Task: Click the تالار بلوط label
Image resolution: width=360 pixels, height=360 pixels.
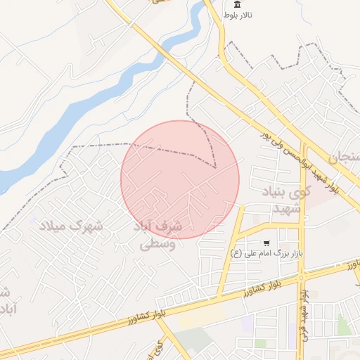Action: [x=240, y=15]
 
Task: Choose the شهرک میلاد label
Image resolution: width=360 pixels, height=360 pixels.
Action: [x=70, y=226]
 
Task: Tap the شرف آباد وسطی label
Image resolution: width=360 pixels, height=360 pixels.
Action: [x=156, y=236]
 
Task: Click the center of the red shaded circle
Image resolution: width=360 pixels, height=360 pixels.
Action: [x=180, y=179]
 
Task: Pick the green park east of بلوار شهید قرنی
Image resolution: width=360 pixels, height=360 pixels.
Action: [x=342, y=324]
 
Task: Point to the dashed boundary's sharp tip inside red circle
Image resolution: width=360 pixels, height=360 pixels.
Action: [x=215, y=167]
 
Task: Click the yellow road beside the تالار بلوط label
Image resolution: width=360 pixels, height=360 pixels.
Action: [x=221, y=35]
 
